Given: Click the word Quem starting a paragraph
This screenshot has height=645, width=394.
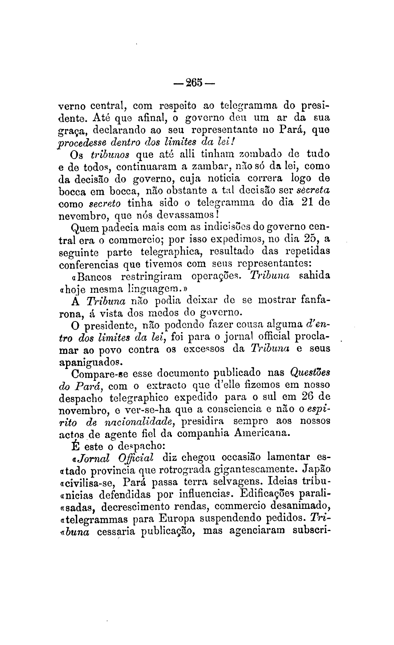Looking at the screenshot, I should pyautogui.click(x=82, y=227).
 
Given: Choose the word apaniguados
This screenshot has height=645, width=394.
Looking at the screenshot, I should pyautogui.click(x=92, y=362).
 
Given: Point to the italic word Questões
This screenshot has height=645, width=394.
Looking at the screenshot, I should pyautogui.click(x=310, y=374).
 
